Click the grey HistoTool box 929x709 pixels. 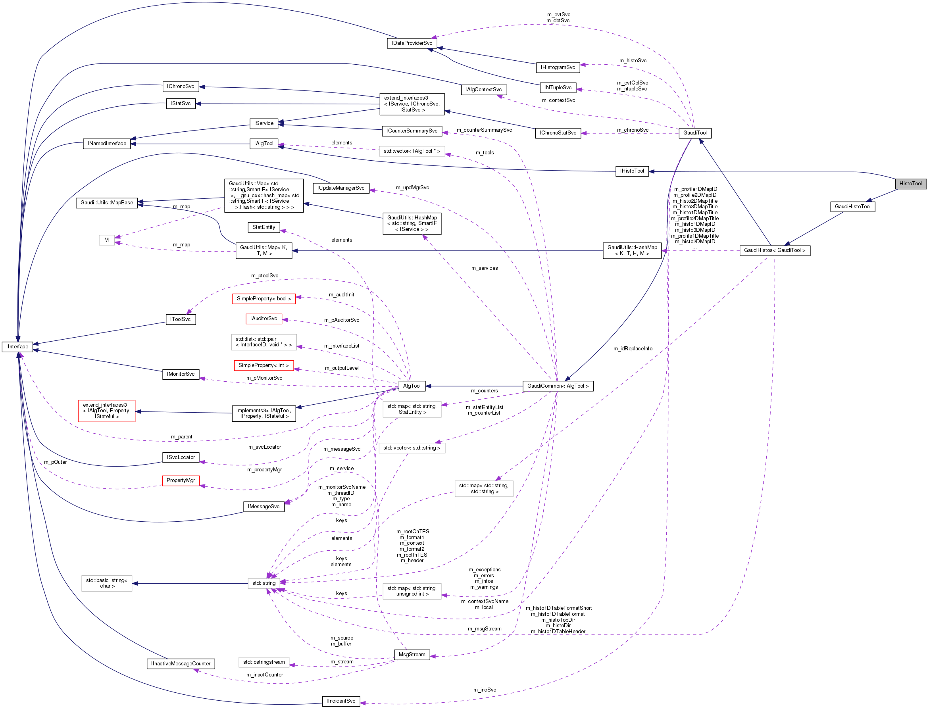pos(910,184)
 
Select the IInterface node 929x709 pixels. pos(17,346)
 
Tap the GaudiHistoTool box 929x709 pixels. pos(852,206)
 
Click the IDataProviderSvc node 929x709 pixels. pos(412,43)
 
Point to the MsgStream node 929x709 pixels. pos(412,655)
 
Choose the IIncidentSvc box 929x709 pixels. pos(340,701)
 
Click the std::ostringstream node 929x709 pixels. pos(264,662)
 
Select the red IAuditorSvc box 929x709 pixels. pos(264,319)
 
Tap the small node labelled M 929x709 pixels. pos(106,240)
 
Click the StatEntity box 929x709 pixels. pos(264,227)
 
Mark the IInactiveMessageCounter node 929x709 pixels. pos(181,664)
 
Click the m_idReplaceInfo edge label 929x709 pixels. pos(633,349)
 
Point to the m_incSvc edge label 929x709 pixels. pos(485,690)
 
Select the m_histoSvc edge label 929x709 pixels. pos(633,61)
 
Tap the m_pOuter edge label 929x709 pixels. pos(55,462)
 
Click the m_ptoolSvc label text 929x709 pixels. pos(265,276)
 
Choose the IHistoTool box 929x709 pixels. pos(632,171)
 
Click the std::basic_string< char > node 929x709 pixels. pos(107,583)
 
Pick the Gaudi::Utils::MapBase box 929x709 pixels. pos(107,203)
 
